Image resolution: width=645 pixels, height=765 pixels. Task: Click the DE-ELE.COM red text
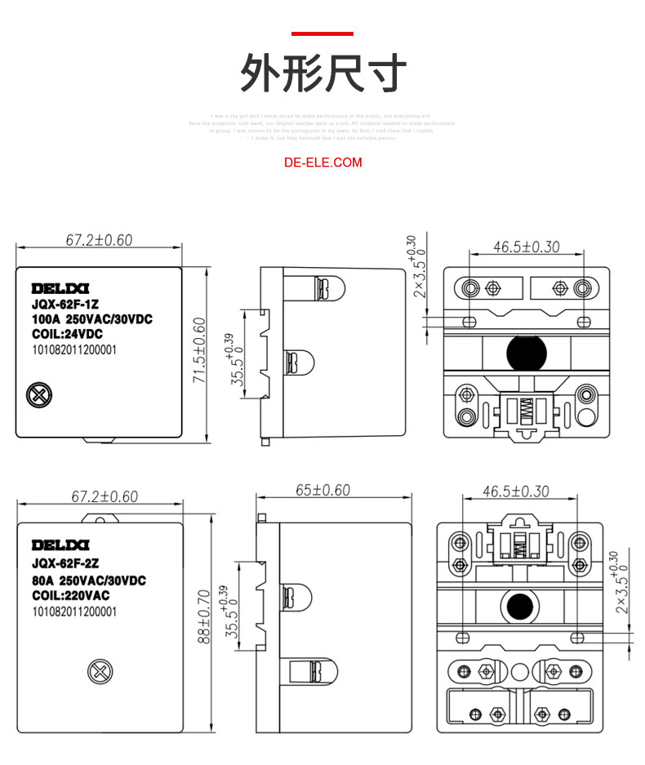coord(322,162)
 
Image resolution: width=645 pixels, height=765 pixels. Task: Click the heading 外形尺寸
coord(322,74)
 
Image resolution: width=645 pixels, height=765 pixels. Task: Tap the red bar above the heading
coord(322,33)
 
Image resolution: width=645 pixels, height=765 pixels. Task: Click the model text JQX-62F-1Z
coord(64,304)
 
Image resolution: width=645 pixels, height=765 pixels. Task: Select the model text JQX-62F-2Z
coord(65,563)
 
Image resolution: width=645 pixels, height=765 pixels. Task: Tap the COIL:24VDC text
coord(67,334)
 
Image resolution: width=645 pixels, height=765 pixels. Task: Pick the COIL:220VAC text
coord(70,595)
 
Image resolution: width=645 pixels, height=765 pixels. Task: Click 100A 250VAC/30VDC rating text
coord(92,318)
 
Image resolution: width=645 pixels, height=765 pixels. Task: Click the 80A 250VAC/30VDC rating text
coord(89,580)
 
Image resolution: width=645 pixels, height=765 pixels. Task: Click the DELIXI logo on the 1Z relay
coord(60,288)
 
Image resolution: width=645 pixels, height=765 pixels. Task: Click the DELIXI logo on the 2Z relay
coord(60,545)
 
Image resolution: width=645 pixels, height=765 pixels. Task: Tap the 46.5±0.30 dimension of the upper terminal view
coord(527,247)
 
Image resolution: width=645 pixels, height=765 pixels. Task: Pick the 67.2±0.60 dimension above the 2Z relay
coord(105,496)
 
